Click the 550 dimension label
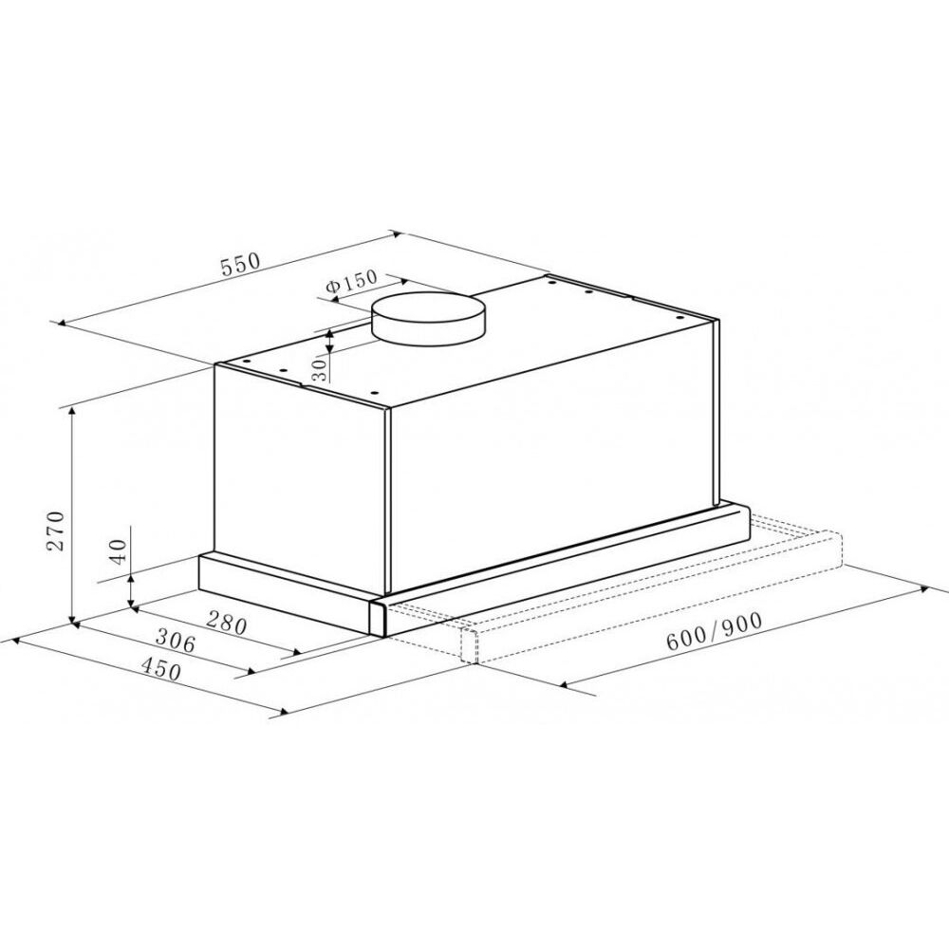click(x=240, y=264)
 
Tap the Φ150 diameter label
click(x=351, y=281)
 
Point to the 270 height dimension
click(x=56, y=531)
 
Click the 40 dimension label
click(x=119, y=551)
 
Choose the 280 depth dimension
click(x=227, y=623)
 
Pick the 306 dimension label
click(x=176, y=641)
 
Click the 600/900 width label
click(x=714, y=631)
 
